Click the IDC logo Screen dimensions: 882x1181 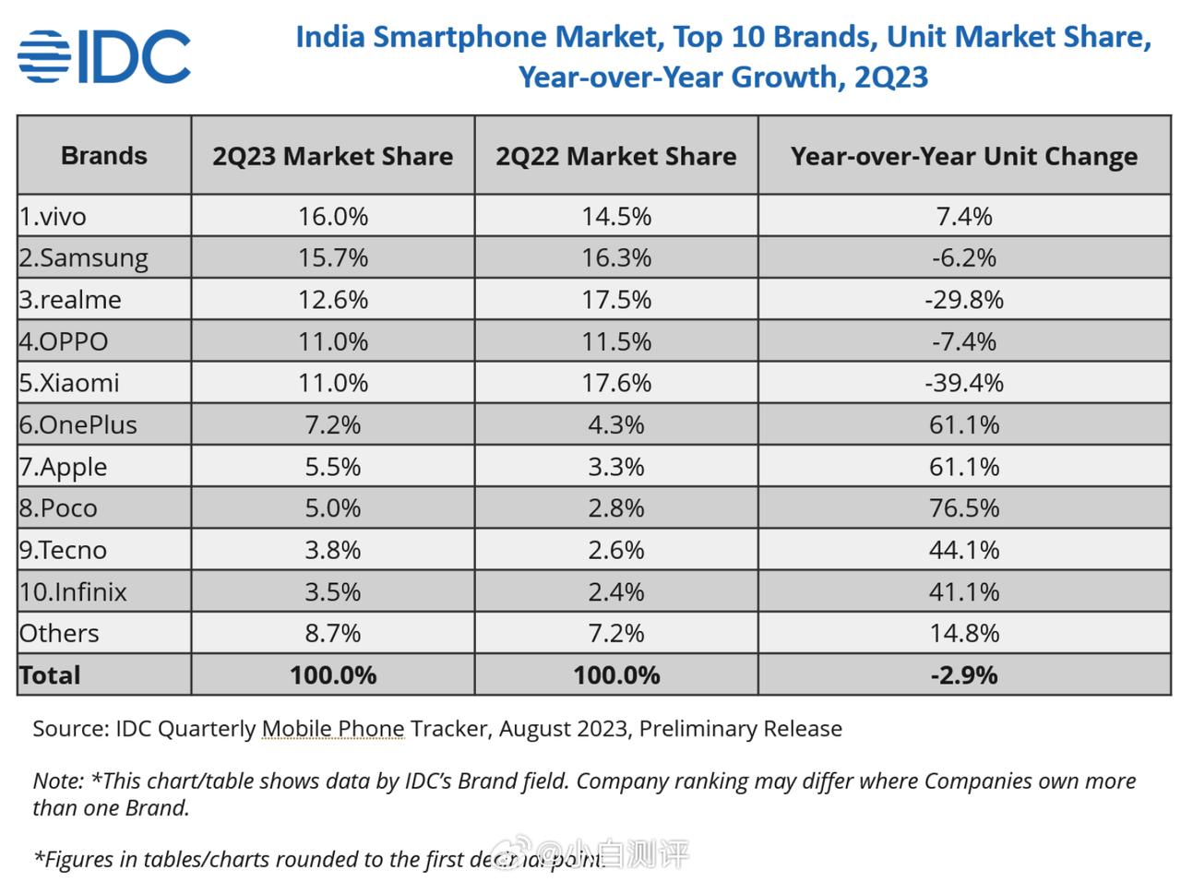pos(103,57)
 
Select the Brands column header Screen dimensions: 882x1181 pos(103,156)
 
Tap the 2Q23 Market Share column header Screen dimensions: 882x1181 pos(332,156)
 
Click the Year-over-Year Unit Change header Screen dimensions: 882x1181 pos(963,156)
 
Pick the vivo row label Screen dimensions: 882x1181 pos(54,217)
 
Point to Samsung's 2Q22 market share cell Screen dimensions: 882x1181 pos(615,257)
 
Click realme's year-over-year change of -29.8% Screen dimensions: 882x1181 pos(963,300)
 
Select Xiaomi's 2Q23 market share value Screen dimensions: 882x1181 pos(332,383)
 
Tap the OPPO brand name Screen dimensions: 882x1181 pos(64,341)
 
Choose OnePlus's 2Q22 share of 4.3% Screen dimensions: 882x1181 pos(615,425)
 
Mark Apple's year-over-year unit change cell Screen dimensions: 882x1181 pos(963,467)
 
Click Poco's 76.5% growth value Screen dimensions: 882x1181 pos(963,508)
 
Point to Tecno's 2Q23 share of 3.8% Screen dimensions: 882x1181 pos(332,550)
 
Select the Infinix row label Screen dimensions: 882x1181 pos(73,591)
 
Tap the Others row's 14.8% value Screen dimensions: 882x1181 pos(963,634)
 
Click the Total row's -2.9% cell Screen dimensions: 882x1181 pos(963,675)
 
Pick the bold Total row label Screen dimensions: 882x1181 pos(50,675)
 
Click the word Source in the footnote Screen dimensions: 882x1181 pos(69,729)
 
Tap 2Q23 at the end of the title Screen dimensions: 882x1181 pos(890,77)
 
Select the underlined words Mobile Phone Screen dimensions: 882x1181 pos(333,729)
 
